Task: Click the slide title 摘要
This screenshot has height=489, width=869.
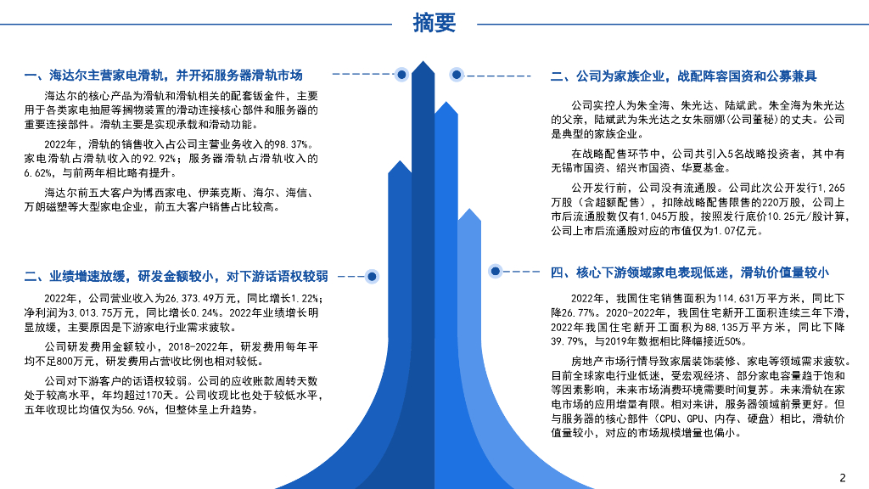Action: coord(434,23)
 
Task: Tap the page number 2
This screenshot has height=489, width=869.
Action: coord(843,476)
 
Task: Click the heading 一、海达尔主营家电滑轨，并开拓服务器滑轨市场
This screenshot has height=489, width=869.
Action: coord(164,75)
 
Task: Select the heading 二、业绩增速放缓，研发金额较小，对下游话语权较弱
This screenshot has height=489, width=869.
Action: coord(176,276)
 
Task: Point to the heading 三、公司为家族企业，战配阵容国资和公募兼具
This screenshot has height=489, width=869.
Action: coord(683,76)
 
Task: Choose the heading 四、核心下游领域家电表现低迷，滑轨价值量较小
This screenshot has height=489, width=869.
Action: coord(689,273)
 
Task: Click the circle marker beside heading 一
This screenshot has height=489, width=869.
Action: coord(401,75)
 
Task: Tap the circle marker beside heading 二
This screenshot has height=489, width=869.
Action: coord(371,276)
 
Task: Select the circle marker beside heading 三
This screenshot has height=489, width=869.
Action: coord(457,75)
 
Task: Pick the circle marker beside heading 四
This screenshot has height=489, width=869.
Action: coord(496,271)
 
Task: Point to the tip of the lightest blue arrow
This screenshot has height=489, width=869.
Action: coord(469,211)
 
